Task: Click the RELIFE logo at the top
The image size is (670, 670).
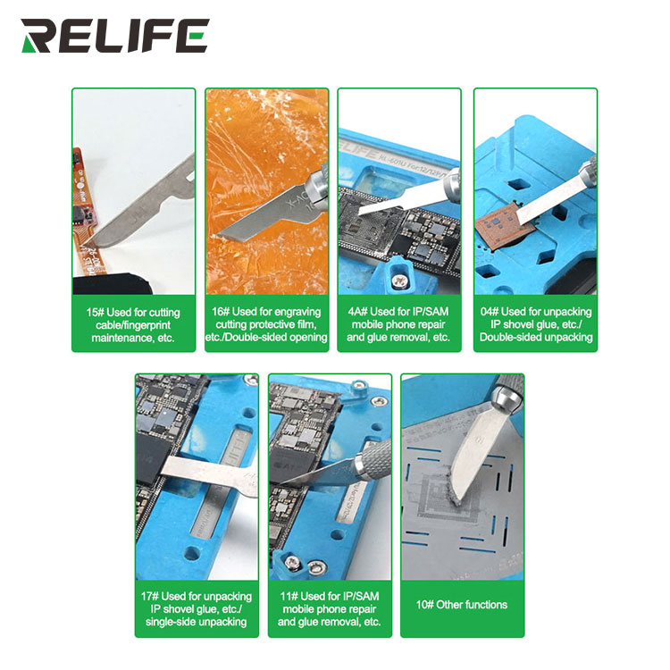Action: point(115,36)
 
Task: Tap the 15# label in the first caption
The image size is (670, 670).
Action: point(95,313)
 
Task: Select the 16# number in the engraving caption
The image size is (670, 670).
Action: point(221,312)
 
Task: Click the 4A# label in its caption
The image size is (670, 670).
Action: point(357,312)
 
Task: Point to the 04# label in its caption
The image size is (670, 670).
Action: point(490,312)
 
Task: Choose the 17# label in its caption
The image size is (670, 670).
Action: point(150,596)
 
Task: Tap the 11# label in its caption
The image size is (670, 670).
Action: point(289,596)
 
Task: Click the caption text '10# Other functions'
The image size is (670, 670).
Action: point(462,605)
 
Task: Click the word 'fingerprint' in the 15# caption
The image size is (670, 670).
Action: point(147,325)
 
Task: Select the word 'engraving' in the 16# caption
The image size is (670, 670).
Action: point(297,312)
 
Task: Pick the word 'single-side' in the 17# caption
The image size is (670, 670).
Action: point(170,622)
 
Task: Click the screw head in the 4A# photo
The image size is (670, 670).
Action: point(400,281)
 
